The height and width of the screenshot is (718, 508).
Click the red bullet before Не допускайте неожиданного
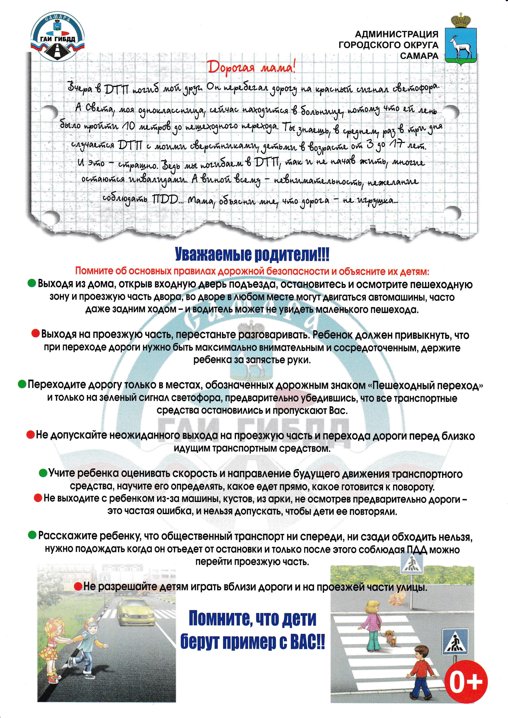pyautogui.click(x=30, y=435)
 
